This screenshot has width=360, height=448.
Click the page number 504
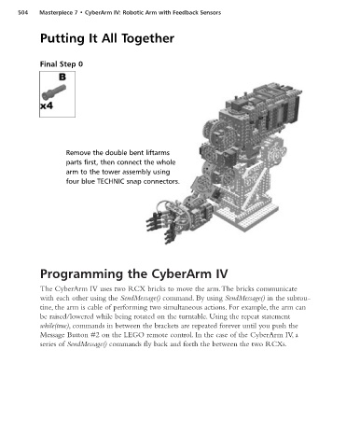22,13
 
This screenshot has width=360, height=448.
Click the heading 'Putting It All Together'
107,38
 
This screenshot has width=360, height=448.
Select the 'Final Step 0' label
62,64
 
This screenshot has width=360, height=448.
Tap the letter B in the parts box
62,77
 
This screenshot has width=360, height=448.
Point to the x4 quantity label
47,106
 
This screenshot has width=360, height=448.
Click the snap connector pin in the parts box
54,92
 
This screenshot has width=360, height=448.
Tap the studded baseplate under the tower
246,217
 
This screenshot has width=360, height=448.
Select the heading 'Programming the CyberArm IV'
134,274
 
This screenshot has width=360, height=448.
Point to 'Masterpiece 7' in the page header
58,13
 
